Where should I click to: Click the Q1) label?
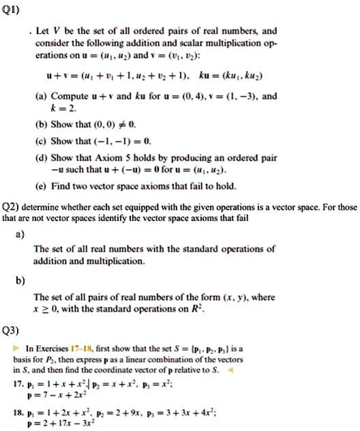pos(13,11)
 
